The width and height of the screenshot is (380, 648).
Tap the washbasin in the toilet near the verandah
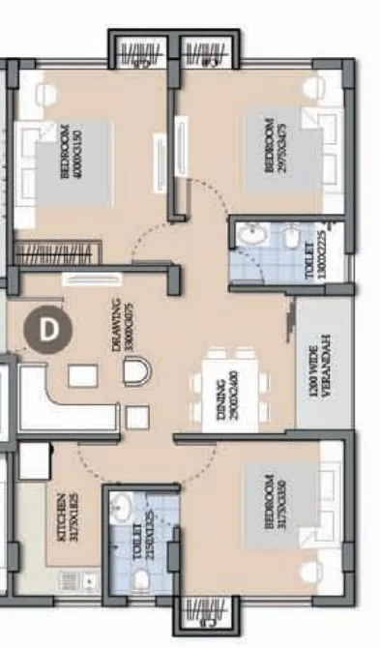[x=250, y=234]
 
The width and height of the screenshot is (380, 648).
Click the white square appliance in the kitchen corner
[x=35, y=462]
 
